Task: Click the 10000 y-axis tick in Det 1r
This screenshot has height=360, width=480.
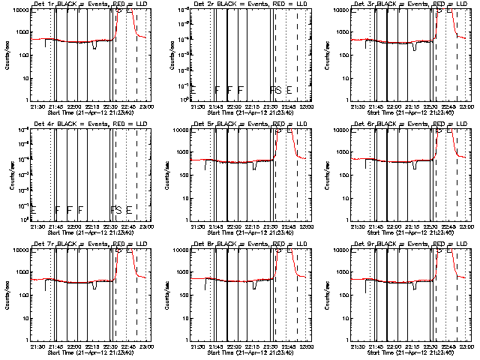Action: (x=19, y=10)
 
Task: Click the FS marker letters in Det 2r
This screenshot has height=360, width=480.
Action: (x=275, y=90)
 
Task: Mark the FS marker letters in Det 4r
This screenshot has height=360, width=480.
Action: (x=115, y=209)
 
